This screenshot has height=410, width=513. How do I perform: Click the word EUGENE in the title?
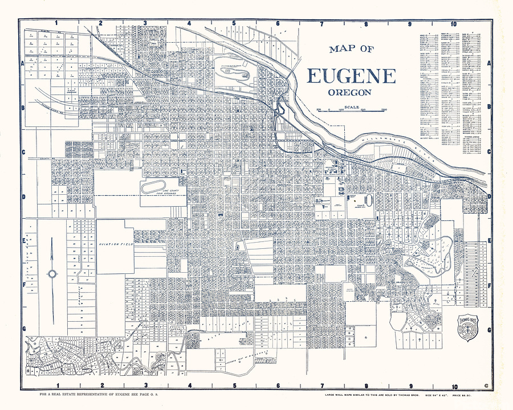click(x=352, y=76)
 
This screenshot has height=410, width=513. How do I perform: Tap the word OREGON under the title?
click(x=350, y=92)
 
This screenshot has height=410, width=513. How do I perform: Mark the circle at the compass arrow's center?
click(x=52, y=274)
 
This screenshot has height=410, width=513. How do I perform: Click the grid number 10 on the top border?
click(x=453, y=24)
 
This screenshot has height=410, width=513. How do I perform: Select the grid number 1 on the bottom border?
click(x=56, y=385)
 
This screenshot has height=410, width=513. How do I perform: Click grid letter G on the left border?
click(x=24, y=329)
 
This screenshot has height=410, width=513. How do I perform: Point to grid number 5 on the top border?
click(x=234, y=24)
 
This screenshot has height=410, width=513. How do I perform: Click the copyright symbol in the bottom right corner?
click(x=486, y=386)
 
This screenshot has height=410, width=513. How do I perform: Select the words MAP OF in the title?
click(x=351, y=49)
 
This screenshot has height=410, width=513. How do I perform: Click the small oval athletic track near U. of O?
click(x=368, y=200)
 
